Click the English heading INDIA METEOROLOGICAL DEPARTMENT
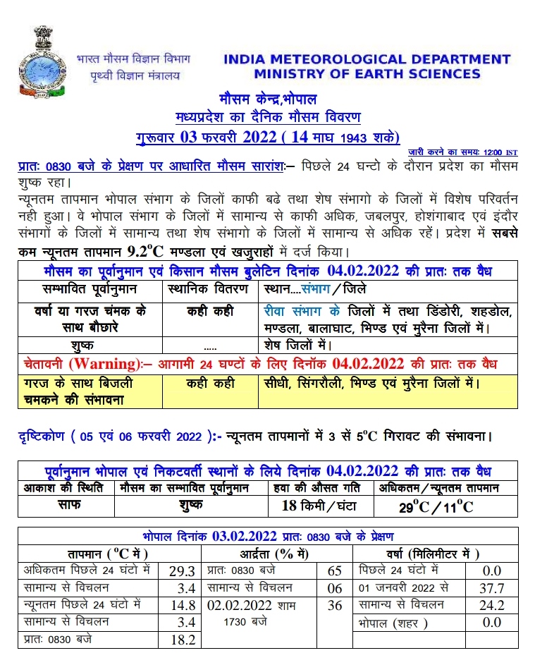tap(367, 59)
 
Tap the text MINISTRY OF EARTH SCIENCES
tap(367, 74)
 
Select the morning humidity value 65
tap(336, 570)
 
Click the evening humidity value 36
tap(336, 604)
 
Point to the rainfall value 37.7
tap(491, 587)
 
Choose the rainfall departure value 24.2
tap(491, 605)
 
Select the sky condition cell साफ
tap(66, 505)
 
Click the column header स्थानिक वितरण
tap(209, 289)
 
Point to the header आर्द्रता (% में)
tap(277, 553)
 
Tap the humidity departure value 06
tap(336, 587)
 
